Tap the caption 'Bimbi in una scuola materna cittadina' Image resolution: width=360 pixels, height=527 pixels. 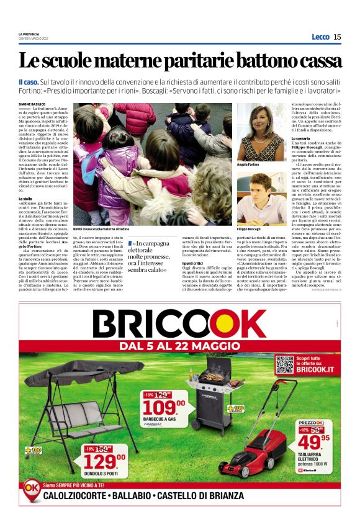100,229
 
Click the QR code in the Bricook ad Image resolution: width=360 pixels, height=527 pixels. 284,365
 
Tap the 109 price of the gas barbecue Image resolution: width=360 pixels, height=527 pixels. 162,407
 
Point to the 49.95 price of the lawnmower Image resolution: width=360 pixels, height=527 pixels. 317,441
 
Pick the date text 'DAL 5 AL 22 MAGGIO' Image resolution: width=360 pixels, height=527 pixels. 179,345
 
